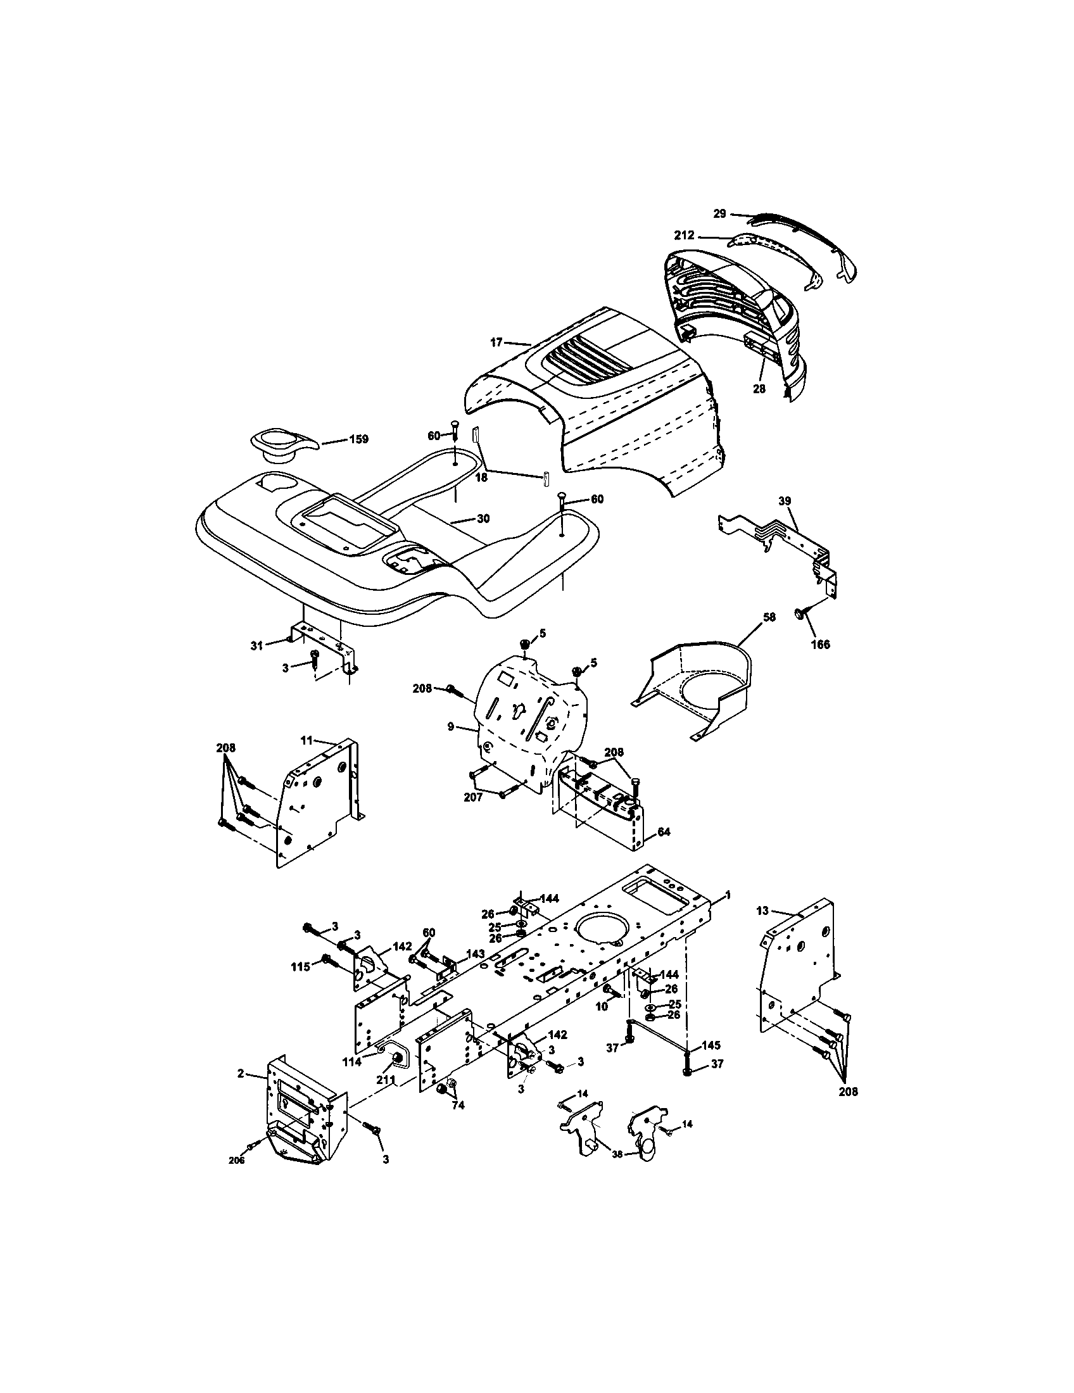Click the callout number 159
(x=358, y=439)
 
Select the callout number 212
(x=685, y=236)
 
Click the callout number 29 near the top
(x=719, y=213)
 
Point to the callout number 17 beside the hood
(x=496, y=343)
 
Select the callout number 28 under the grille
(x=759, y=388)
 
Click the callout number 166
(x=820, y=644)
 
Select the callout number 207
(x=472, y=797)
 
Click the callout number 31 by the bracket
(x=256, y=646)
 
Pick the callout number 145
(x=711, y=1045)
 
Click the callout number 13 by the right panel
(x=763, y=911)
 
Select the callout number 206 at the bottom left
(x=236, y=1160)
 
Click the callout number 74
(x=458, y=1106)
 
